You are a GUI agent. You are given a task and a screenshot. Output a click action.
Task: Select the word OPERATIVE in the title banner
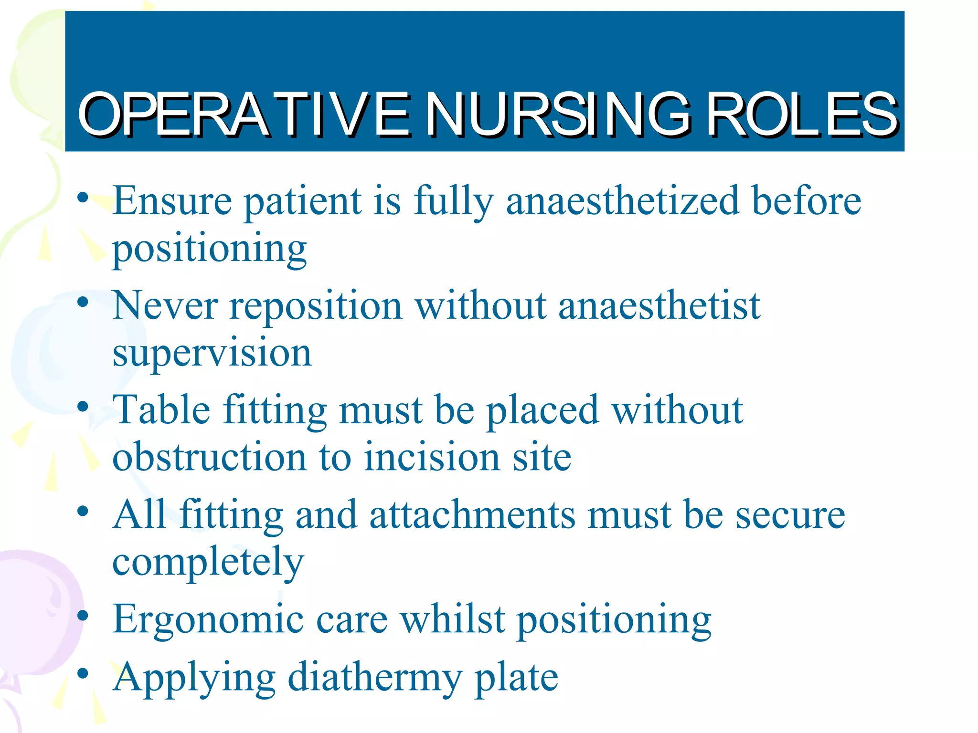(x=244, y=115)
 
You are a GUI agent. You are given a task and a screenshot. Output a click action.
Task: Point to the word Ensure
(x=172, y=200)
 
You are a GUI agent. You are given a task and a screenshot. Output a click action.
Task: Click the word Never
(x=165, y=305)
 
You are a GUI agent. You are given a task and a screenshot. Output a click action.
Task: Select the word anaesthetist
(x=659, y=305)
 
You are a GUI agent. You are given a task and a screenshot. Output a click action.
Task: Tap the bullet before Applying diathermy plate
(x=83, y=673)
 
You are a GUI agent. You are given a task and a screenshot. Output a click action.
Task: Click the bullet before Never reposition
(x=83, y=302)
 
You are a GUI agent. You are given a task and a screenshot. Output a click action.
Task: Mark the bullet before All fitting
(x=83, y=511)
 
